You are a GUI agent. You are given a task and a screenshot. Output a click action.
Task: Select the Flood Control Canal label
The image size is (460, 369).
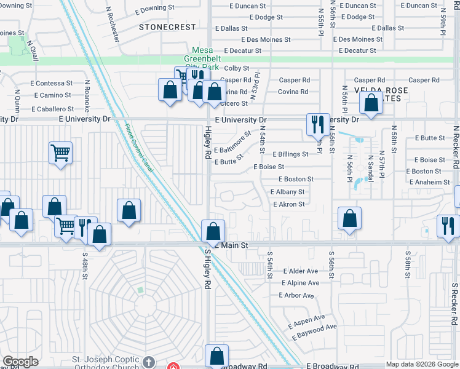coord(140,148)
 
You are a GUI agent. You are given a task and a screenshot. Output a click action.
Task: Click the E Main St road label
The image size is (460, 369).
coord(232,245)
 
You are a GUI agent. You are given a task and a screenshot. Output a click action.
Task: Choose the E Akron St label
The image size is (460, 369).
coord(288,204)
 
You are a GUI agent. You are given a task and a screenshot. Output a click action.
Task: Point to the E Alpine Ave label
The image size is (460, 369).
coord(301,283)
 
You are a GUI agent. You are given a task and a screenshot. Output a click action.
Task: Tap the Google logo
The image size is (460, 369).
coord(20,362)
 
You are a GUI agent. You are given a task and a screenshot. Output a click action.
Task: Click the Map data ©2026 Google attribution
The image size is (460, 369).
coord(421,364)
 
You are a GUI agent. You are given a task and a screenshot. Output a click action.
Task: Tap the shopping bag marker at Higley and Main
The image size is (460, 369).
coord(213,231)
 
